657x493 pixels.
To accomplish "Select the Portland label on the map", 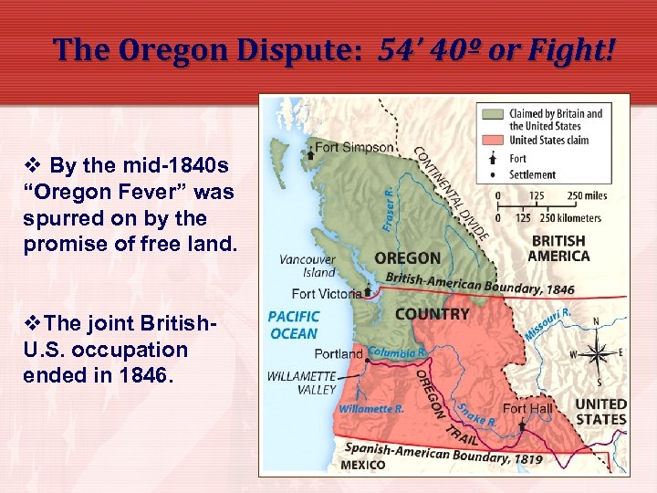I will point(339,354).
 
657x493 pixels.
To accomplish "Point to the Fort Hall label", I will point(528,408).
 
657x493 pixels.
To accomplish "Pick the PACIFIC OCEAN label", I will point(294,325).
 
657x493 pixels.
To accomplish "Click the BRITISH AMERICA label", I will point(558,248).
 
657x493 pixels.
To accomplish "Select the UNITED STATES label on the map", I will point(600,412).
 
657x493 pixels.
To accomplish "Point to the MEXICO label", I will point(363,465).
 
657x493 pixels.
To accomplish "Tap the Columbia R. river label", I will point(398,352).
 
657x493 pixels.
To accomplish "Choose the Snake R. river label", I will point(476,415).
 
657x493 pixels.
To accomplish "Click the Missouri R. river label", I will point(547,323).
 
